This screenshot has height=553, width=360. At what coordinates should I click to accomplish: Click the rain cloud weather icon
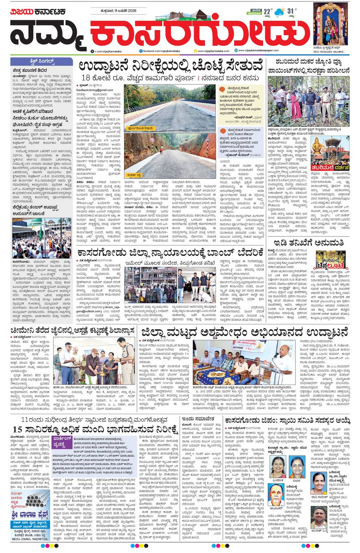279,12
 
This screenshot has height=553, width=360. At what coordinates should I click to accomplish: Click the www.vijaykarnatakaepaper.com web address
258,51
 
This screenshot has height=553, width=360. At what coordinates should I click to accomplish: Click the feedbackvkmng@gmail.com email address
95,90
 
